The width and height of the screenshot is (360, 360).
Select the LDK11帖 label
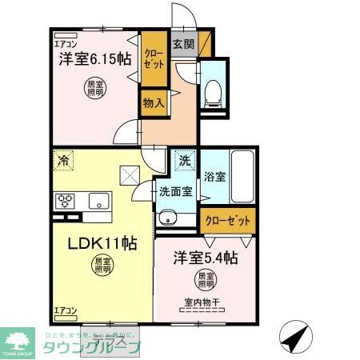click(x=90, y=244)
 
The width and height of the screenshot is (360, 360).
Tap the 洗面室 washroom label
click(x=174, y=191)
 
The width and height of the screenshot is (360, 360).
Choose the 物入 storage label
click(x=153, y=103)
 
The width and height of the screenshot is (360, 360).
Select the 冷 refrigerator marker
click(x=63, y=161)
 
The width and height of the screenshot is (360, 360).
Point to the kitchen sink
click(x=99, y=201)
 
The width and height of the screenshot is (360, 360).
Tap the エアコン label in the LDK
click(x=65, y=310)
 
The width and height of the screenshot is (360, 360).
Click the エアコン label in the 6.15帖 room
click(x=66, y=44)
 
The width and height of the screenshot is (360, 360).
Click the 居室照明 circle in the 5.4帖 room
click(x=206, y=280)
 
